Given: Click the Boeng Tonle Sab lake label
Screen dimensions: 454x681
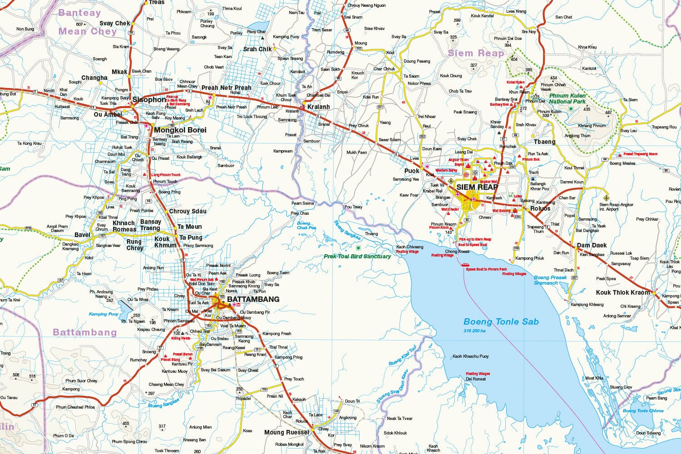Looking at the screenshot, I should click(x=501, y=322).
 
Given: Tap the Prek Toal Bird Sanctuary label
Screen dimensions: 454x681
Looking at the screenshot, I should click(x=357, y=257).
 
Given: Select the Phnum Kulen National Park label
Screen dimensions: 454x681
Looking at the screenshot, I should click(x=567, y=99).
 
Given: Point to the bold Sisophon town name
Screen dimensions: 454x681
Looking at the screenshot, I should click(x=149, y=99).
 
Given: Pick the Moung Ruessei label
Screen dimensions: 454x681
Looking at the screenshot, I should click(x=286, y=433).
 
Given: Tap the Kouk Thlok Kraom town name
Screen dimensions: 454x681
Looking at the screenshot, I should click(x=623, y=292).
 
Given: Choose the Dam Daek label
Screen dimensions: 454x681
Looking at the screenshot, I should click(x=592, y=245).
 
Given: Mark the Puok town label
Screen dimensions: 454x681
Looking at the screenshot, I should click(x=412, y=171).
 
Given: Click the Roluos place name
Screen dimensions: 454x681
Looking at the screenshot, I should click(x=540, y=208).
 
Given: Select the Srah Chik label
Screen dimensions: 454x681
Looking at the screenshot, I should click(x=257, y=49).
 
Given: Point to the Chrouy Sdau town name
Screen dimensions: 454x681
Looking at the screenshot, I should click(x=188, y=211).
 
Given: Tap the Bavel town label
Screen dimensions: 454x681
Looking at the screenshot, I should click(x=82, y=235).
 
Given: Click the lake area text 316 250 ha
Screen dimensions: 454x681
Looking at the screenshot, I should click(x=474, y=331).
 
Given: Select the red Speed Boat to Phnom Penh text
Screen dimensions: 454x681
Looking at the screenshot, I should click(x=486, y=269).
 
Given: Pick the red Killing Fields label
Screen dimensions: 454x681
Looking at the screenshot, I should click(x=181, y=338).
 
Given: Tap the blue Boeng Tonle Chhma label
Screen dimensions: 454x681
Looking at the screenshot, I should click(x=643, y=411).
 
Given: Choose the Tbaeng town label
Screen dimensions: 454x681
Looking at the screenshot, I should click(x=544, y=142).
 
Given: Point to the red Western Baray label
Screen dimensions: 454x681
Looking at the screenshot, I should click(x=446, y=170).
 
